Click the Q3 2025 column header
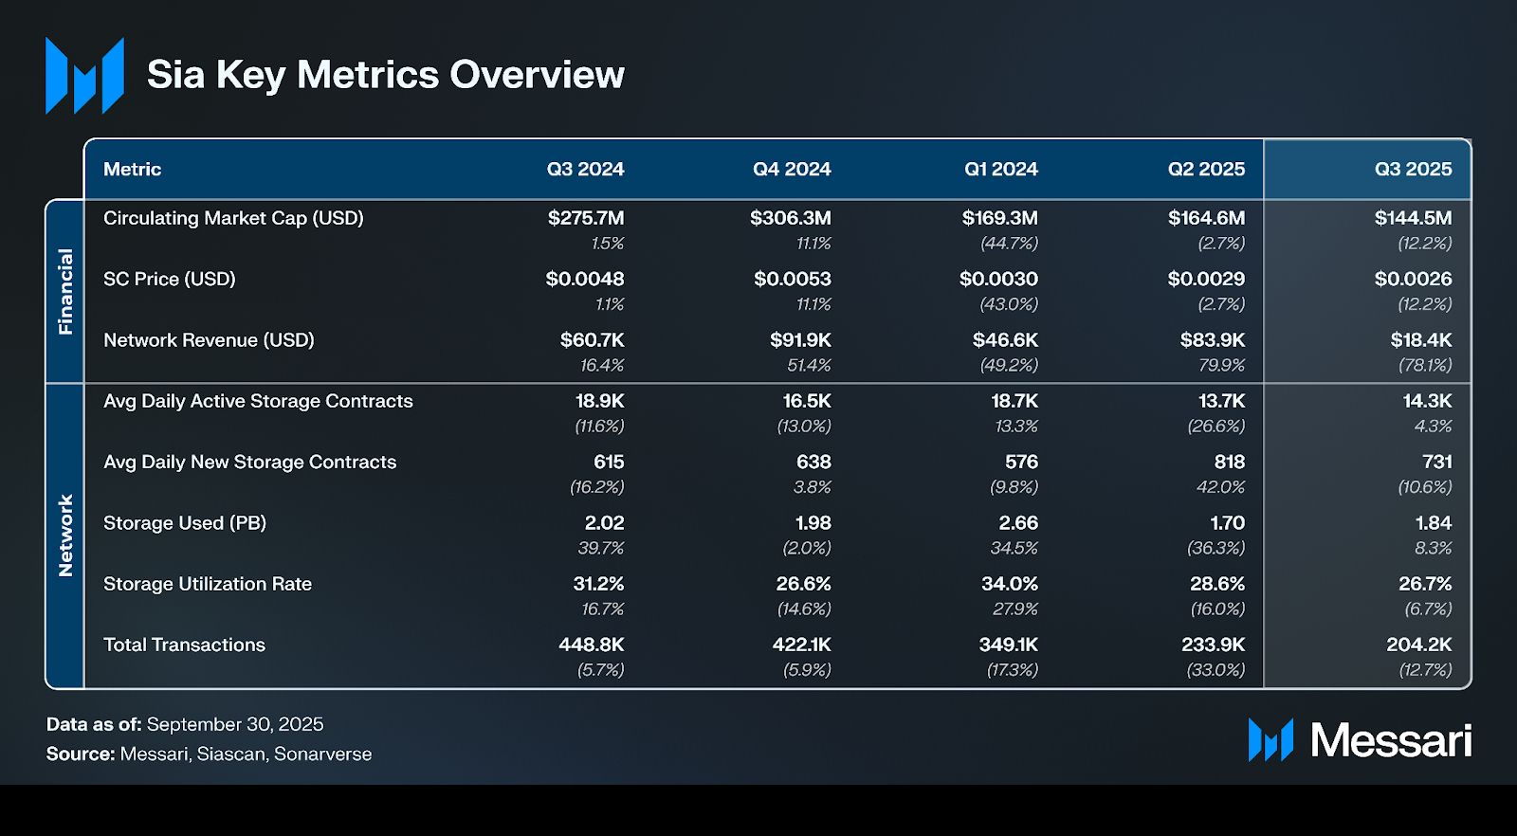click(x=1413, y=170)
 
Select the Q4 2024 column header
click(x=792, y=170)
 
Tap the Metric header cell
click(x=132, y=170)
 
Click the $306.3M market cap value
click(x=790, y=218)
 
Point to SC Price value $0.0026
click(x=1413, y=279)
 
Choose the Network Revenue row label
click(x=209, y=340)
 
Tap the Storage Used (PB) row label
click(x=184, y=523)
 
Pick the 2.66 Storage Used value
click(x=1017, y=523)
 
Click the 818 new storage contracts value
click(x=1229, y=462)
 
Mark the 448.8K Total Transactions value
click(x=591, y=645)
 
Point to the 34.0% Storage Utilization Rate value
click(x=1009, y=584)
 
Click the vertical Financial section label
click(x=65, y=291)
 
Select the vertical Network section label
click(x=65, y=536)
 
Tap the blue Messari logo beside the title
click(x=84, y=76)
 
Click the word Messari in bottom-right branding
click(x=1391, y=740)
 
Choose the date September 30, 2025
click(x=235, y=724)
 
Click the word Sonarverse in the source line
click(x=322, y=754)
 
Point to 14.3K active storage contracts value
click(x=1427, y=401)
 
